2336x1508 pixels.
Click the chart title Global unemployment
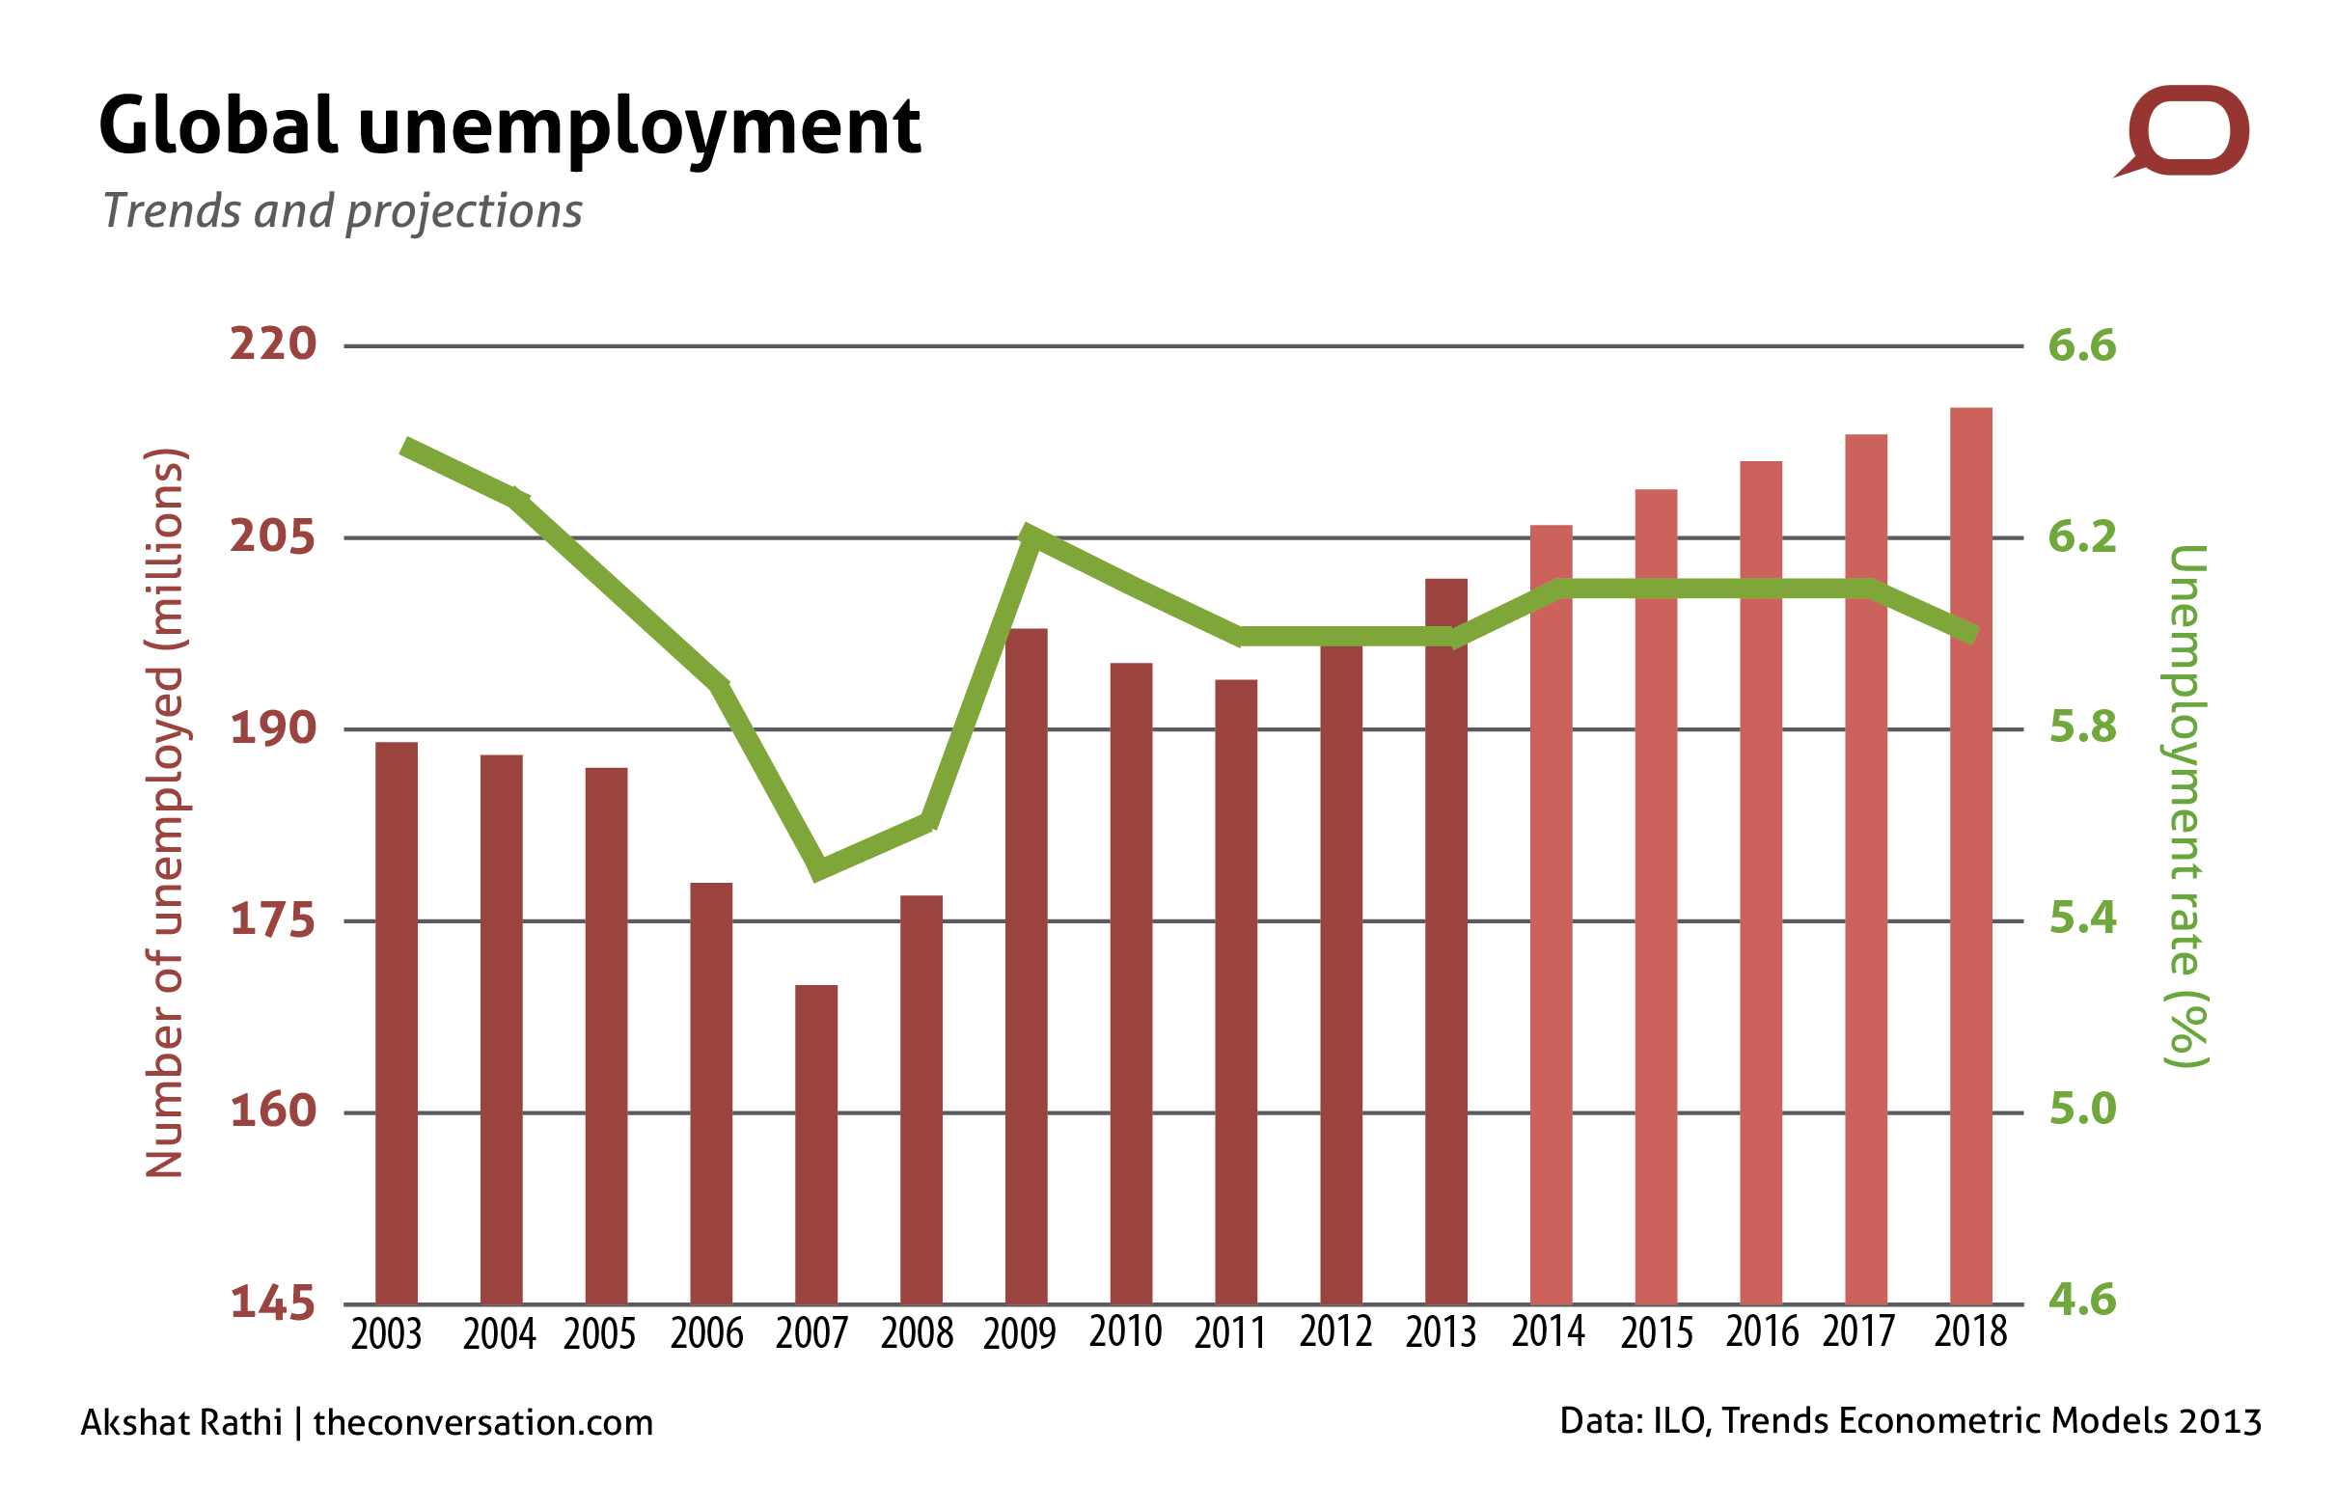(x=509, y=127)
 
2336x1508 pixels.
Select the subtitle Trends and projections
(x=343, y=211)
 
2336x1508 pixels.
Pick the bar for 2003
(x=397, y=1023)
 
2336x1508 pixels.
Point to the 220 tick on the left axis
(x=273, y=344)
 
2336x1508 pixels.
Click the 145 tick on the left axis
(x=273, y=1302)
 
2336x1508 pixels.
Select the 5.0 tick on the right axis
(x=2081, y=1110)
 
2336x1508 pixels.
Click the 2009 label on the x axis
(x=1019, y=1334)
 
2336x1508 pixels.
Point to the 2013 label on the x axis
(x=1441, y=1332)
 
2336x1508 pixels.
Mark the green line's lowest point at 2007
(x=817, y=868)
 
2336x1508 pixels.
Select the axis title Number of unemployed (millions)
(x=163, y=812)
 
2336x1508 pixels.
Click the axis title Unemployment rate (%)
(x=2185, y=805)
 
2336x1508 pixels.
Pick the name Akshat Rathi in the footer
(x=181, y=1423)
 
